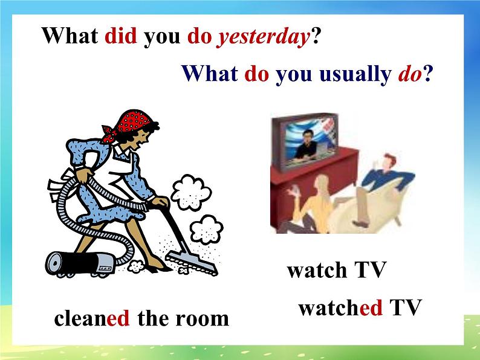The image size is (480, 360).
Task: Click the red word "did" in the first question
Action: tap(121, 36)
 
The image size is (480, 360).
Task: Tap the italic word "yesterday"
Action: tap(263, 37)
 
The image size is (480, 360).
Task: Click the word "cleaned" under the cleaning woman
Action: tap(92, 318)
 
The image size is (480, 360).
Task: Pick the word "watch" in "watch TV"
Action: tap(317, 270)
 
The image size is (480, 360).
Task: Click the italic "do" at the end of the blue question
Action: tap(410, 74)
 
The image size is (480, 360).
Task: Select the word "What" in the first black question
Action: tap(70, 36)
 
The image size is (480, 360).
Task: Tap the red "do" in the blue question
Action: tap(256, 74)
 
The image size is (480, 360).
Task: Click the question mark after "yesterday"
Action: tap(314, 36)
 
